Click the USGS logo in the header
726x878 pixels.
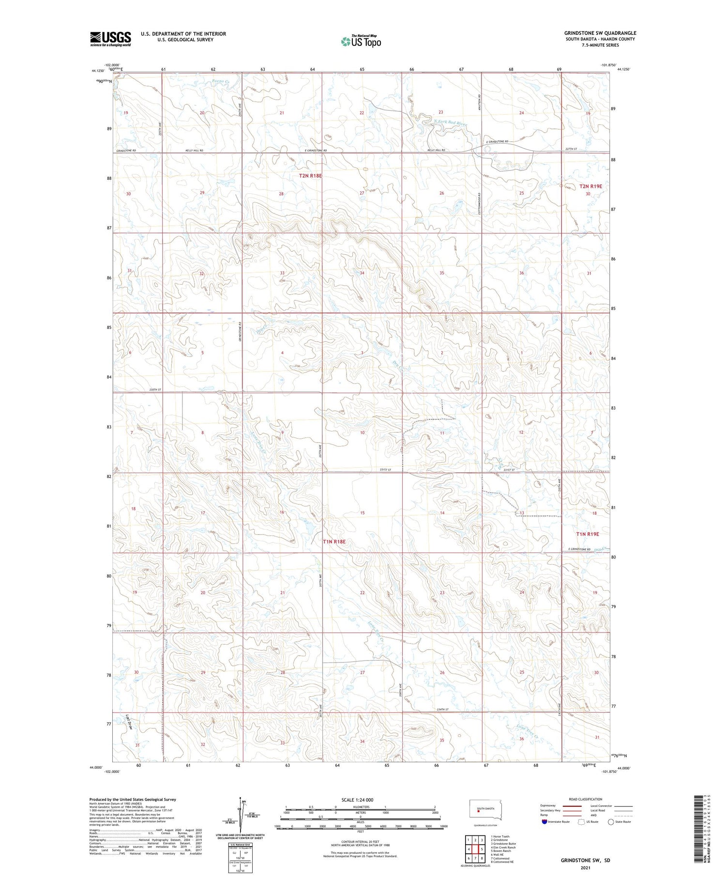pyautogui.click(x=110, y=39)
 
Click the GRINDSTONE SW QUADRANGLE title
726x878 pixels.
pyautogui.click(x=600, y=33)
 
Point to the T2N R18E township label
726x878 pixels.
pyautogui.click(x=310, y=176)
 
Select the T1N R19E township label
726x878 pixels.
pyautogui.click(x=588, y=534)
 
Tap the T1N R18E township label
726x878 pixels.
pyautogui.click(x=334, y=541)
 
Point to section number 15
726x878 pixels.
pyautogui.click(x=362, y=512)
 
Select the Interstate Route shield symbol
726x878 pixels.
pyautogui.click(x=544, y=822)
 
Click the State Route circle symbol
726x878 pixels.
pyautogui.click(x=611, y=822)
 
